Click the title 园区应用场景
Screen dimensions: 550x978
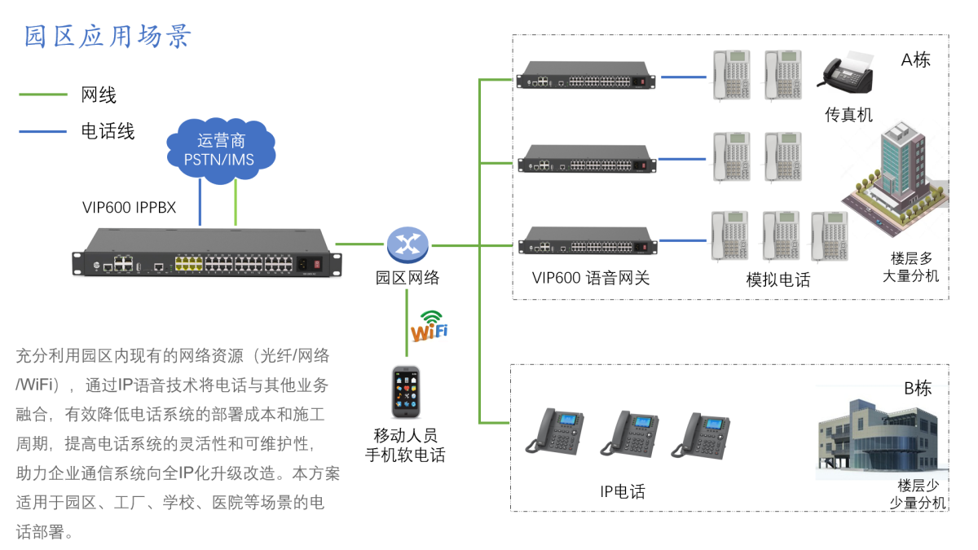pos(108,37)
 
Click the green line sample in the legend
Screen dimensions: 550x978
pos(42,95)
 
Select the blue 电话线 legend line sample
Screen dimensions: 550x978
pos(42,130)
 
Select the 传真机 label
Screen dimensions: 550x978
pos(848,115)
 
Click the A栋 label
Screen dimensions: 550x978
pos(915,60)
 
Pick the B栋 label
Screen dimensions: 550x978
pos(917,389)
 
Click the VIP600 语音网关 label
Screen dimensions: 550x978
pos(591,278)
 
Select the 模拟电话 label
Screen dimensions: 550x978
pos(778,280)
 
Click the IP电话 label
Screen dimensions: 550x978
pos(622,491)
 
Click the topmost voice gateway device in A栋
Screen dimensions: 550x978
pos(586,77)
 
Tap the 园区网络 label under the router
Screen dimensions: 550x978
pos(407,278)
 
